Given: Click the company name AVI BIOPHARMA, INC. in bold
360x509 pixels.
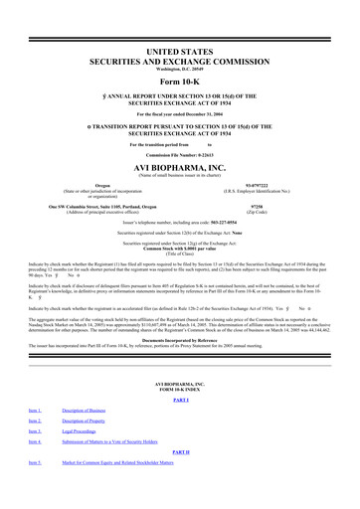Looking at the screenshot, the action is click(x=179, y=168).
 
